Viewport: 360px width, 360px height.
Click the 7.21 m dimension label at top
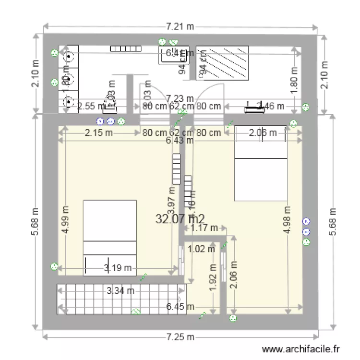180,26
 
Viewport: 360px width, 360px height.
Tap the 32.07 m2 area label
180,219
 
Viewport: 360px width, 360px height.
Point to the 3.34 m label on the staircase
120,290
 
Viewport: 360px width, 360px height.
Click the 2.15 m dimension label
98,133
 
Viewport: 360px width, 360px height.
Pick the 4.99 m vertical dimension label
66,220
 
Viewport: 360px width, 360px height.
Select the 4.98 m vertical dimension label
288,220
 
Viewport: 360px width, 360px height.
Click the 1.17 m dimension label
204,228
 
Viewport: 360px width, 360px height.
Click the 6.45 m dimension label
180,307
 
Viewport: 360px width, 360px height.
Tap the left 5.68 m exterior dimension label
35,221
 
